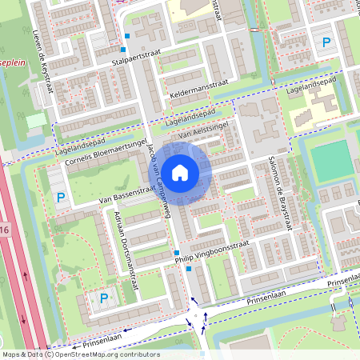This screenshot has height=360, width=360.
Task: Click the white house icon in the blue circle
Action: tap(180, 172)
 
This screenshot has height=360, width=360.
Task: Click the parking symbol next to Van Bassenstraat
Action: tap(60, 196)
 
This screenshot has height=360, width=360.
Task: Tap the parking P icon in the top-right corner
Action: tap(325, 42)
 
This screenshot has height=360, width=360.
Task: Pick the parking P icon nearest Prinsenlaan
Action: tap(104, 298)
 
